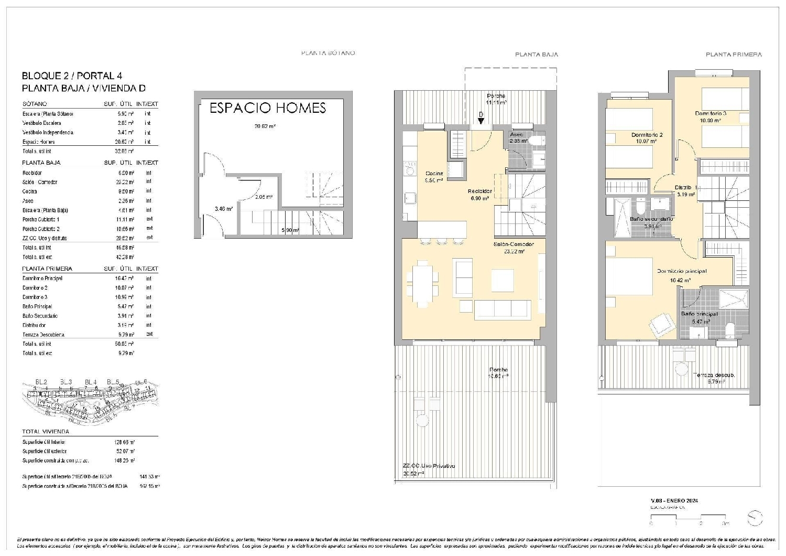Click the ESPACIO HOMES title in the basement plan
coord(268,108)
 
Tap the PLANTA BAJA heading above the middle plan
coord(536,55)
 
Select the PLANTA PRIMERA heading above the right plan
coord(733,55)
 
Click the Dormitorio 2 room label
coord(647,135)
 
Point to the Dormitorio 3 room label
coord(711,113)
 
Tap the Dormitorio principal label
coord(682,271)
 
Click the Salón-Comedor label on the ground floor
coord(513,244)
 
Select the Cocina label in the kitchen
coord(434,174)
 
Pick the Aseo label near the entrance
coord(516,135)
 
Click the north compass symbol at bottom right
coord(755,518)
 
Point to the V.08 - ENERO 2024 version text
coord(674,500)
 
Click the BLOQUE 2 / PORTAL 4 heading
coord(72,76)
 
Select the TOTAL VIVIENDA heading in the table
coord(46,432)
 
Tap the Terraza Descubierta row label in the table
coord(43,335)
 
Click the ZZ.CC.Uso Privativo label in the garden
coord(429,466)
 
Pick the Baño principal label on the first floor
coord(699,314)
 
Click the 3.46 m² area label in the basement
coord(223,209)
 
